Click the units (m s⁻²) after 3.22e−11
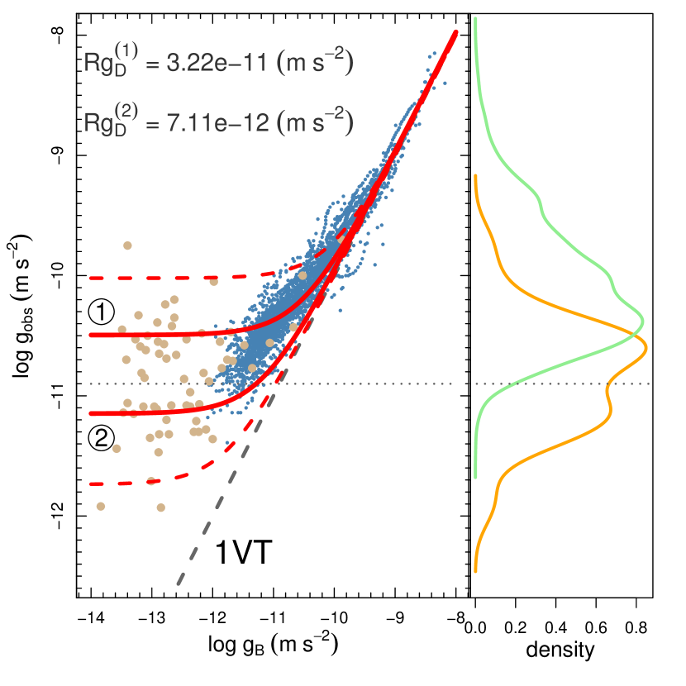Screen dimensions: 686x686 coord(315,63)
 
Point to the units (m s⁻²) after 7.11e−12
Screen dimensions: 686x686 coord(315,123)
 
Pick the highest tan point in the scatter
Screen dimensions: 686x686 coord(127,245)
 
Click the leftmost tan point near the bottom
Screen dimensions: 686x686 coord(101,506)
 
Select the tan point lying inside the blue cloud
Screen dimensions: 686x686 coord(303,276)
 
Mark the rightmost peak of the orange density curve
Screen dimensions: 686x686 coord(646,348)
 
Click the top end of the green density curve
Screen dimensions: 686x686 coord(475,18)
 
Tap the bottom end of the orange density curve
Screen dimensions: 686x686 coord(475,570)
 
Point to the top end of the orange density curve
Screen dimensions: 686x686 coord(475,176)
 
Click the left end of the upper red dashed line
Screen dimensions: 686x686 coord(91,279)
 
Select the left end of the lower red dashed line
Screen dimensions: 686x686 coord(91,484)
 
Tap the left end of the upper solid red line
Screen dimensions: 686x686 coord(91,335)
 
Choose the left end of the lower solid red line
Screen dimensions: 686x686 coord(91,412)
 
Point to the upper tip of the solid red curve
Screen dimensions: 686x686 coord(455,31)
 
